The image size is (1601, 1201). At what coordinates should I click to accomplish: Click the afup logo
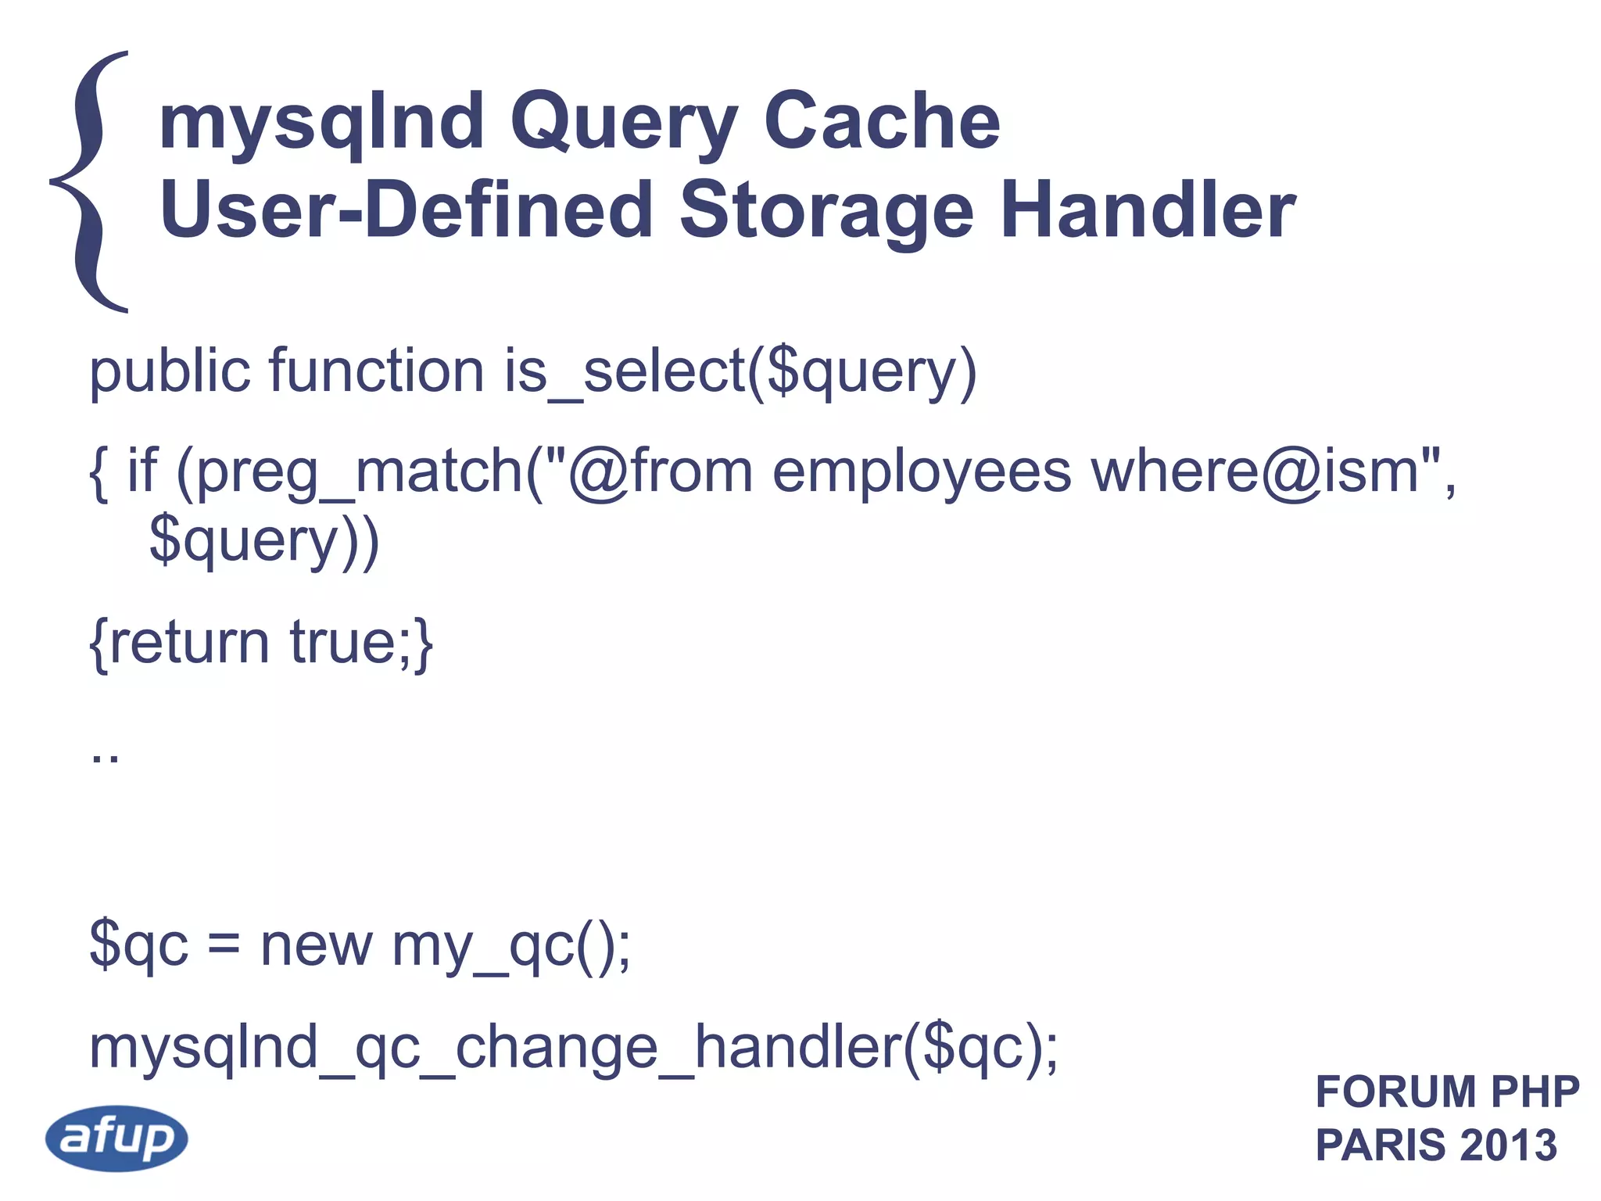coord(116,1138)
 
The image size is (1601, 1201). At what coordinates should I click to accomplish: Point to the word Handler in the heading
coord(1148,210)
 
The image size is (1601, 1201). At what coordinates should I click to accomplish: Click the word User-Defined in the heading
coord(406,210)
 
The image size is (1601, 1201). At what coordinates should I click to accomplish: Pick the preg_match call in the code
coord(360,473)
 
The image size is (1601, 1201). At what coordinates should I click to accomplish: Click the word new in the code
coord(316,945)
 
